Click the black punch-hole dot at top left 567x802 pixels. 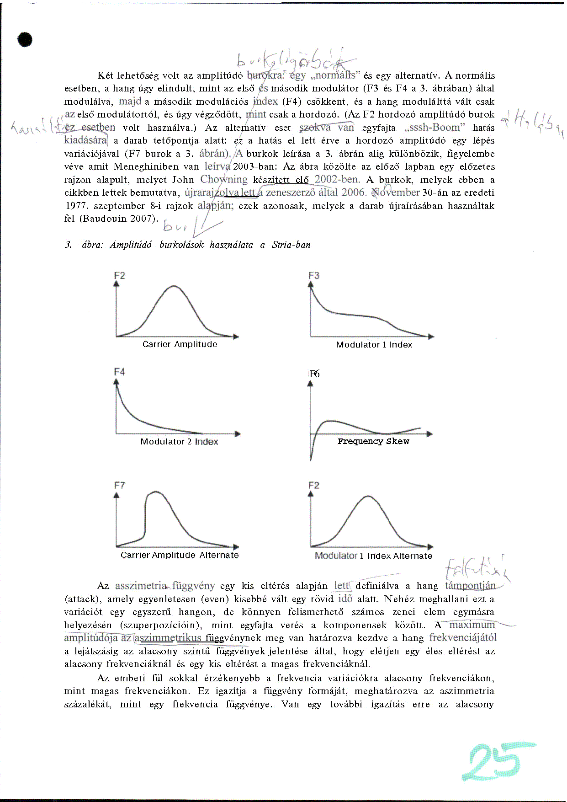coord(25,40)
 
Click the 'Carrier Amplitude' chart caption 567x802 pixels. coord(180,344)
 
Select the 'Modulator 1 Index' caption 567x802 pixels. coord(374,345)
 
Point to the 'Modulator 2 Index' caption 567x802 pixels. coord(179,442)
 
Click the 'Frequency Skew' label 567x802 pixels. coord(373,441)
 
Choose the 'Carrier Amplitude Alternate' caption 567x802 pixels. coord(180,555)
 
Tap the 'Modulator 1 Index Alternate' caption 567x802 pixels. coord(373,556)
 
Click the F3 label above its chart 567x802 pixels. coord(314,275)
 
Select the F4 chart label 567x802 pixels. coord(119,372)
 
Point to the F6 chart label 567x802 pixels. coord(314,374)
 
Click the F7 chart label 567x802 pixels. coord(119,485)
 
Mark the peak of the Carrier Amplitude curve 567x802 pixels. coord(174,286)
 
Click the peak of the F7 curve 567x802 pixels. coord(155,492)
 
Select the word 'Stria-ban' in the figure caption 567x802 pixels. coord(291,245)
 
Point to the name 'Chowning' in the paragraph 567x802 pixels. coord(224,180)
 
